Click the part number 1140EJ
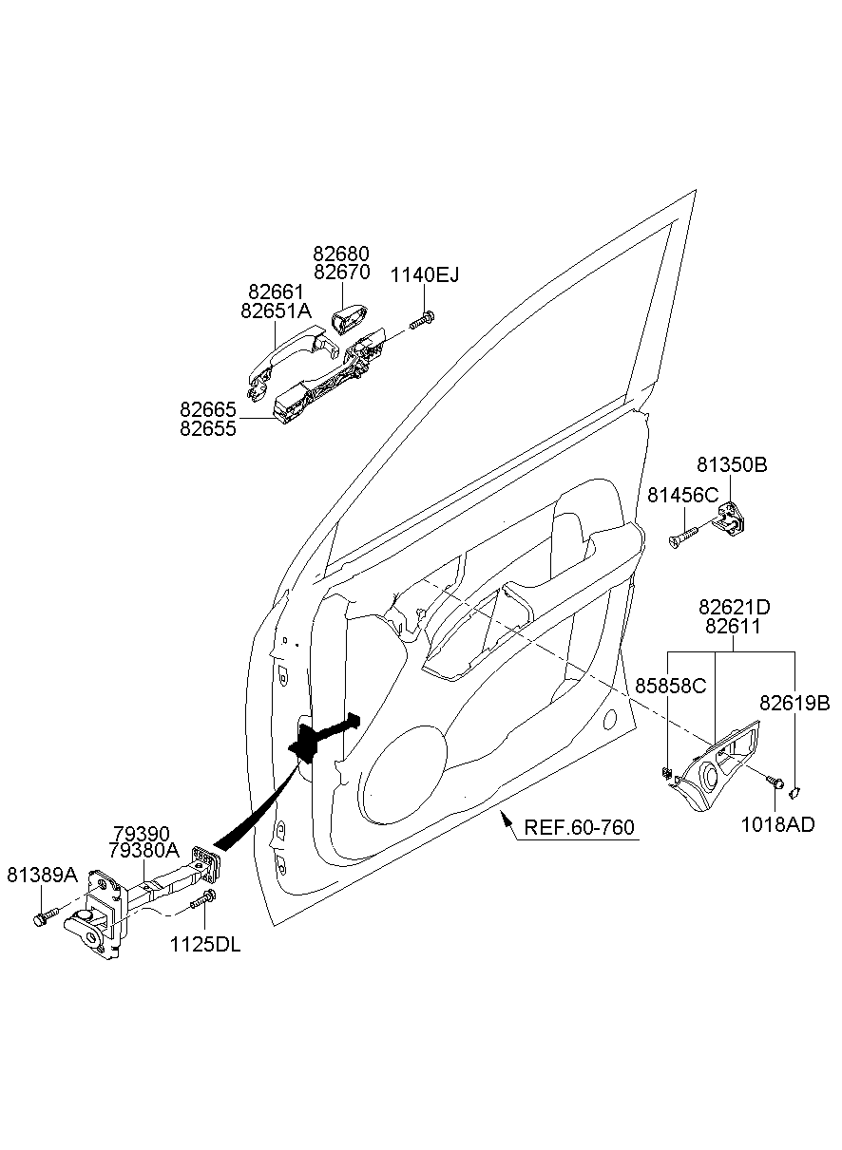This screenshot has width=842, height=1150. tap(425, 275)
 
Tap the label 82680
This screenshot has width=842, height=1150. tap(341, 255)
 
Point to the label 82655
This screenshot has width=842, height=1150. tap(208, 428)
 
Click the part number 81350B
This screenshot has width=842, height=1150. tap(732, 465)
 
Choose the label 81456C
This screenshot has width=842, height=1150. tap(682, 496)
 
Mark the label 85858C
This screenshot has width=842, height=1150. tap(671, 686)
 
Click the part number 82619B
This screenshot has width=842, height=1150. tap(794, 703)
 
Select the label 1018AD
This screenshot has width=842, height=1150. tap(777, 824)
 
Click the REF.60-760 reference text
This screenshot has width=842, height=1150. tap(580, 828)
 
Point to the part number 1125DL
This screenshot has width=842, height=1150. tap(205, 945)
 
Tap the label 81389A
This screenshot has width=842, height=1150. tap(42, 874)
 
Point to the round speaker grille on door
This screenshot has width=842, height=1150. tap(404, 774)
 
